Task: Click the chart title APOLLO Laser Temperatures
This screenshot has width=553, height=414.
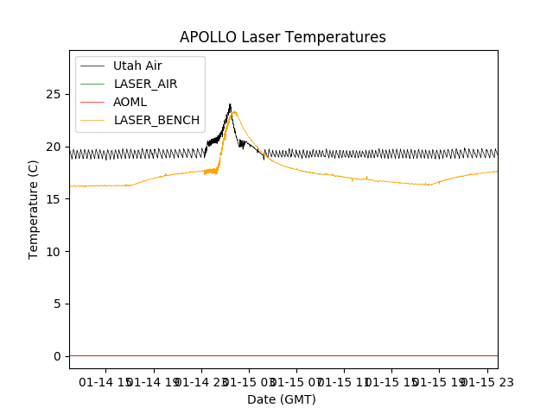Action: click(x=283, y=37)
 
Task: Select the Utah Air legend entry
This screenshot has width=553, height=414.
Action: click(x=137, y=66)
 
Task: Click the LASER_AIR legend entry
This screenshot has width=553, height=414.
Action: click(x=145, y=84)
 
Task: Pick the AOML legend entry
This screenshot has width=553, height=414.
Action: click(x=130, y=102)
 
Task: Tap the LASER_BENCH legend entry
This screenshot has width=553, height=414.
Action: click(x=156, y=120)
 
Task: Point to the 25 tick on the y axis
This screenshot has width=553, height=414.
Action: click(x=56, y=94)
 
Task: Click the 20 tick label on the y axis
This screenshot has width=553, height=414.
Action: click(x=56, y=147)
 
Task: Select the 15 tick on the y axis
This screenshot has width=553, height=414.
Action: click(x=56, y=198)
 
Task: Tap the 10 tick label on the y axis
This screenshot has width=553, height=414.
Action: click(x=56, y=251)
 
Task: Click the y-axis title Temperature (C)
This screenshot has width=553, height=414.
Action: click(x=34, y=209)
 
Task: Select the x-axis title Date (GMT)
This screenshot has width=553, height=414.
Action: click(x=282, y=399)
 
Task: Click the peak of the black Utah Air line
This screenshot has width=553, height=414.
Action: click(x=230, y=104)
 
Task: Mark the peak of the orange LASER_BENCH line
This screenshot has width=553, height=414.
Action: click(x=234, y=111)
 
